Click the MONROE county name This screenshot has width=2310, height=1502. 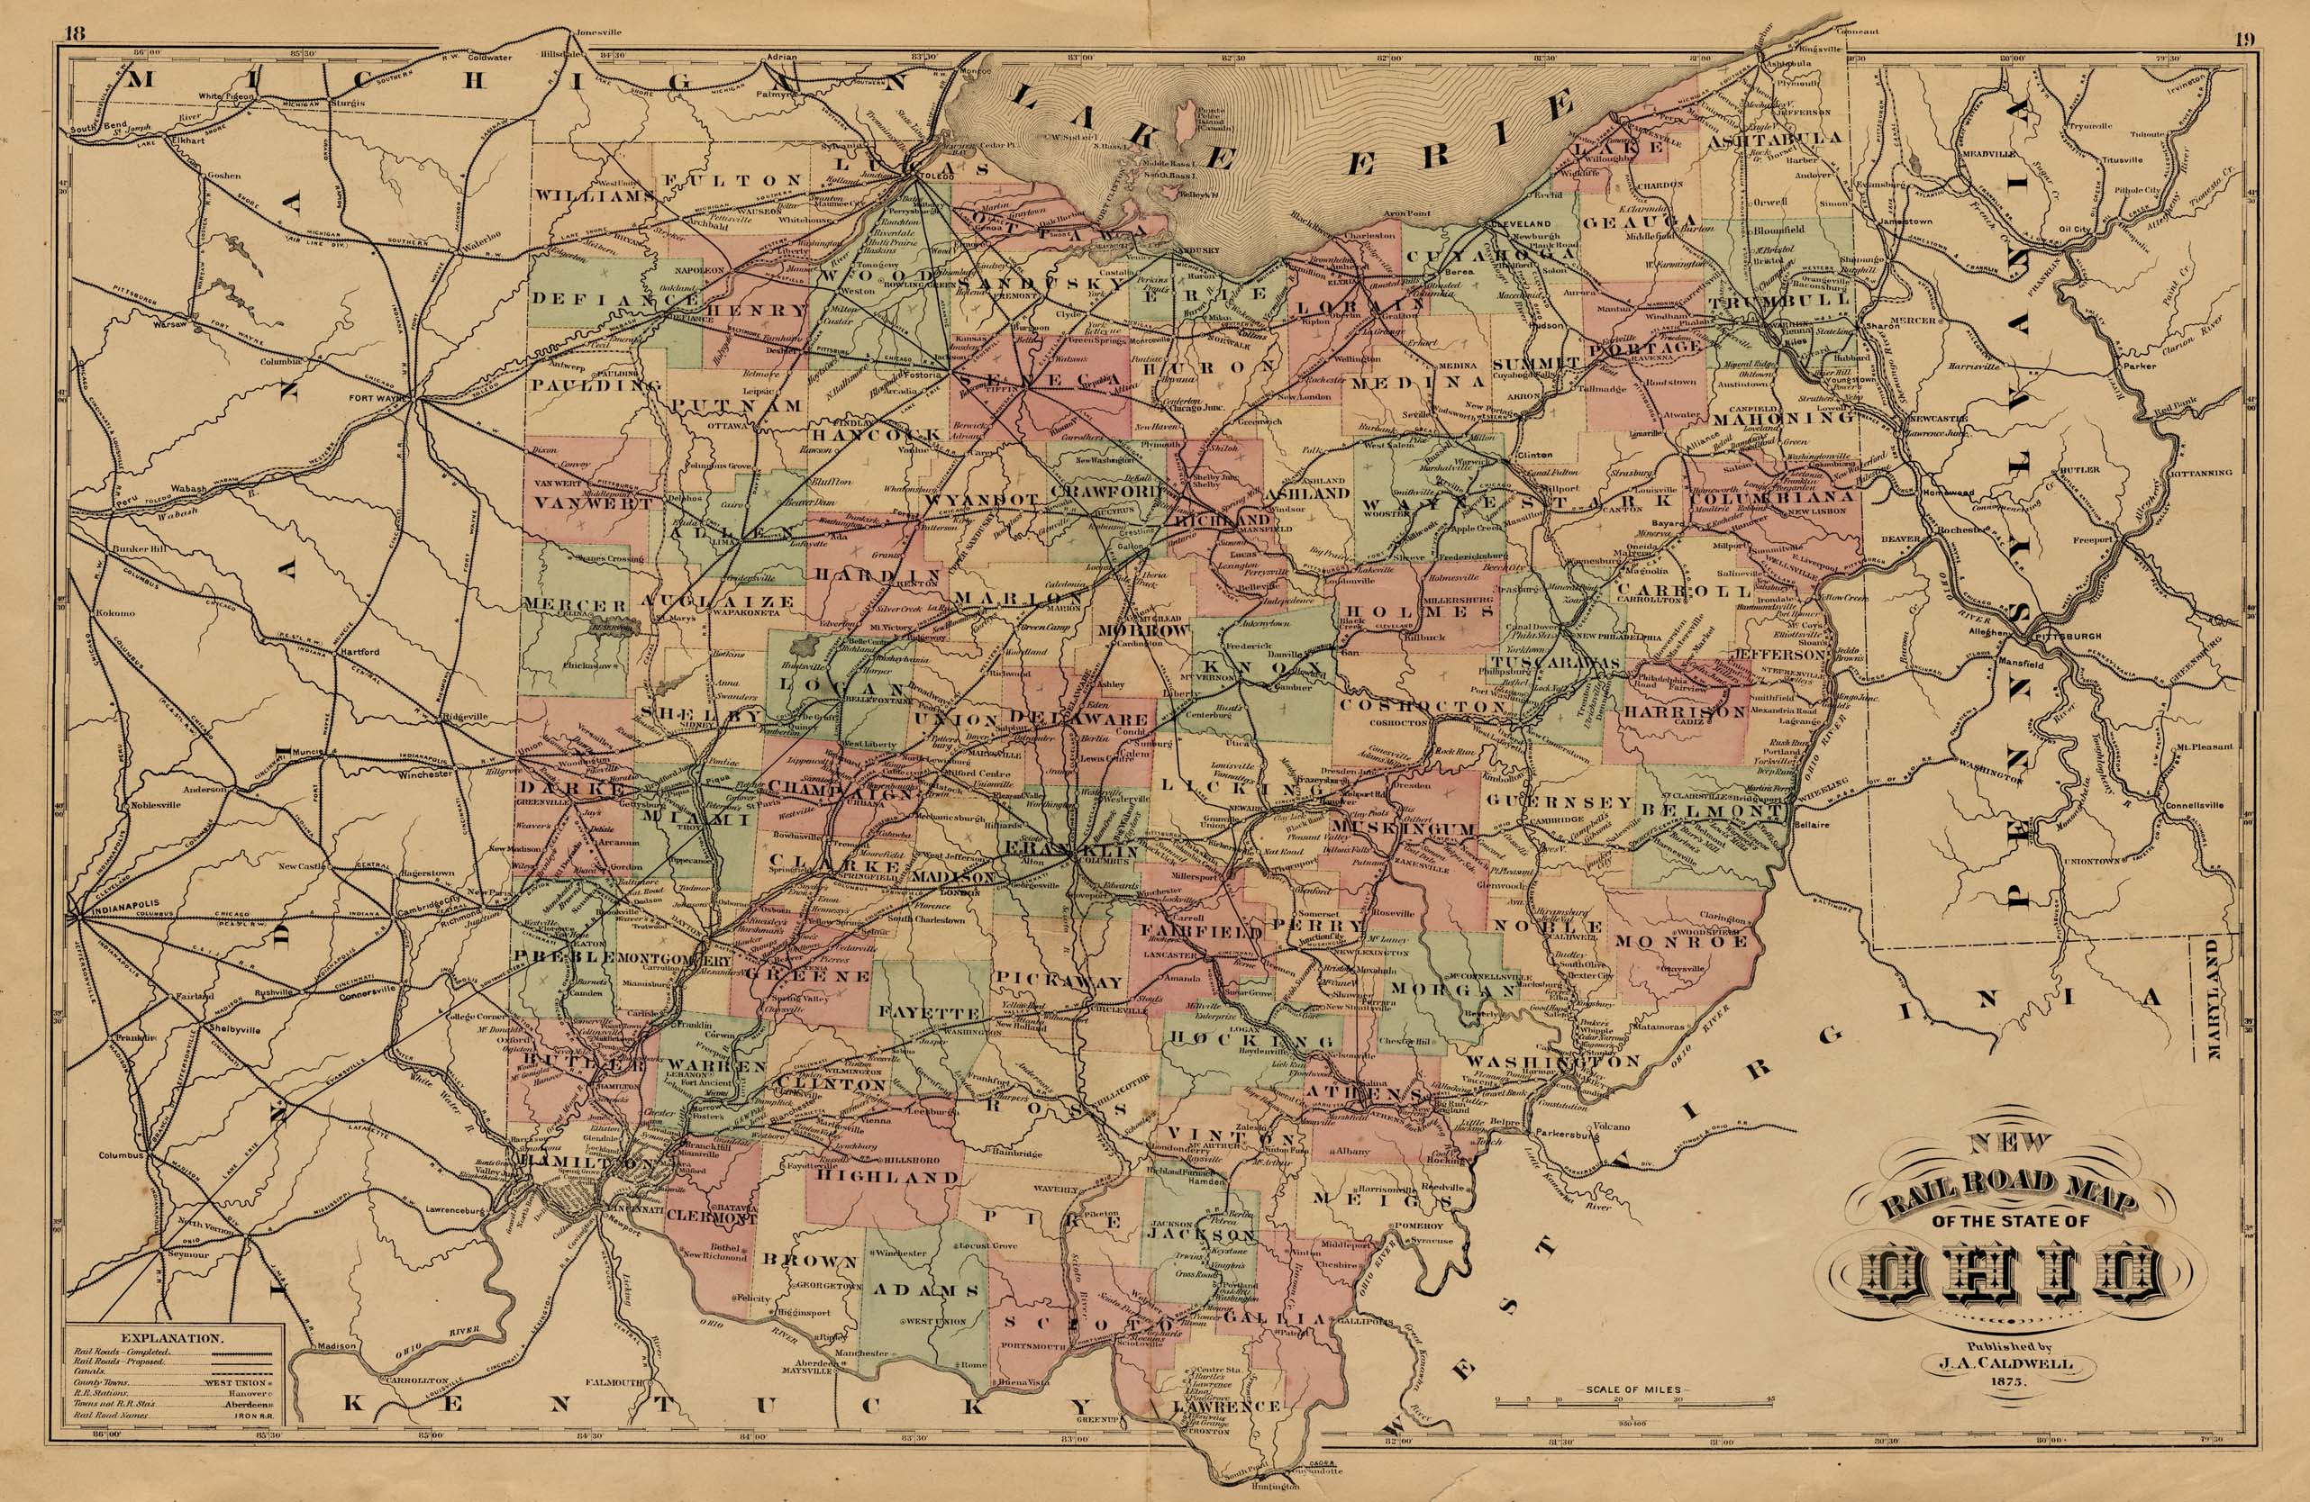pos(1682,940)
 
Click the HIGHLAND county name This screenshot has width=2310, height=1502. pos(888,1176)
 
